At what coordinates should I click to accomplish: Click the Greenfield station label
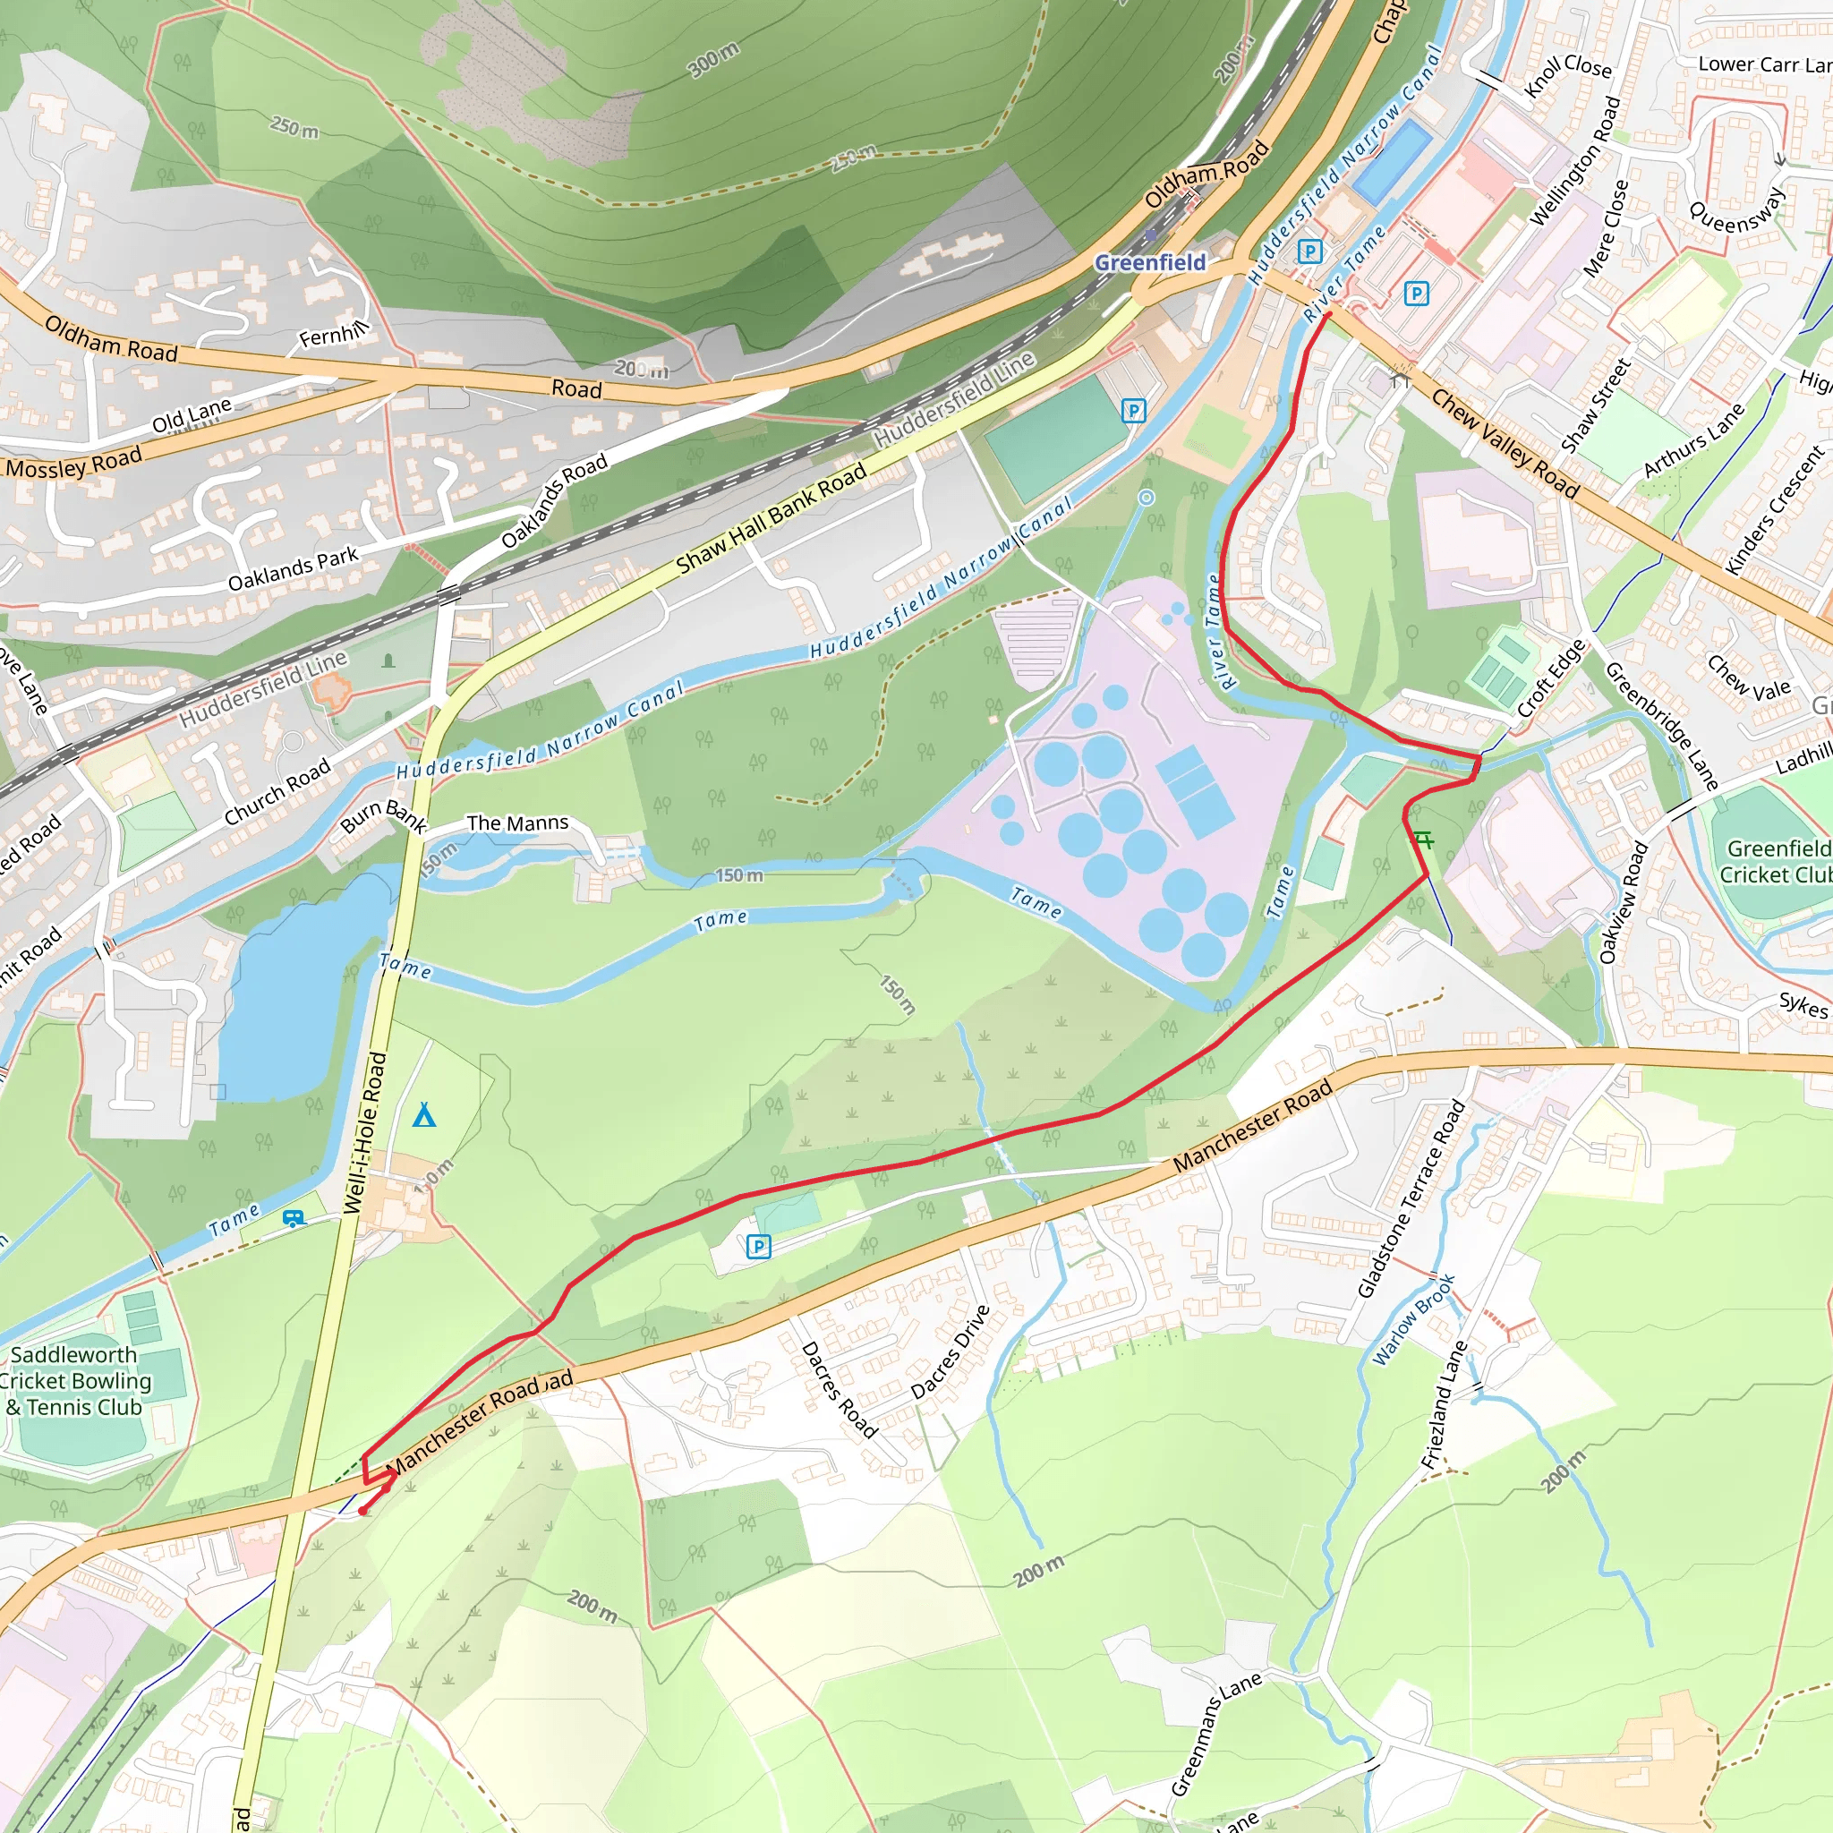click(1150, 263)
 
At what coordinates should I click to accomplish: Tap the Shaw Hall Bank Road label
click(771, 520)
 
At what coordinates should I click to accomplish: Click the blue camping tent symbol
click(424, 1116)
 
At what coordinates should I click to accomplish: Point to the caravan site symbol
click(294, 1217)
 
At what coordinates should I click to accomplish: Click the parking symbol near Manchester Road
click(758, 1247)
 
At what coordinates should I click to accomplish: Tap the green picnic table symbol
click(1422, 840)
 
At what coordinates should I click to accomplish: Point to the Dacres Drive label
click(951, 1352)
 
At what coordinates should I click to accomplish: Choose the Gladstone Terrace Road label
click(1411, 1198)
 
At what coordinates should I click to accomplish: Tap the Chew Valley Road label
click(1505, 444)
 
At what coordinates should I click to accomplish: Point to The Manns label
click(517, 823)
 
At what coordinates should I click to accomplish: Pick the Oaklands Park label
click(294, 568)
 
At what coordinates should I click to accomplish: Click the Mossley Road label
click(74, 464)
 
